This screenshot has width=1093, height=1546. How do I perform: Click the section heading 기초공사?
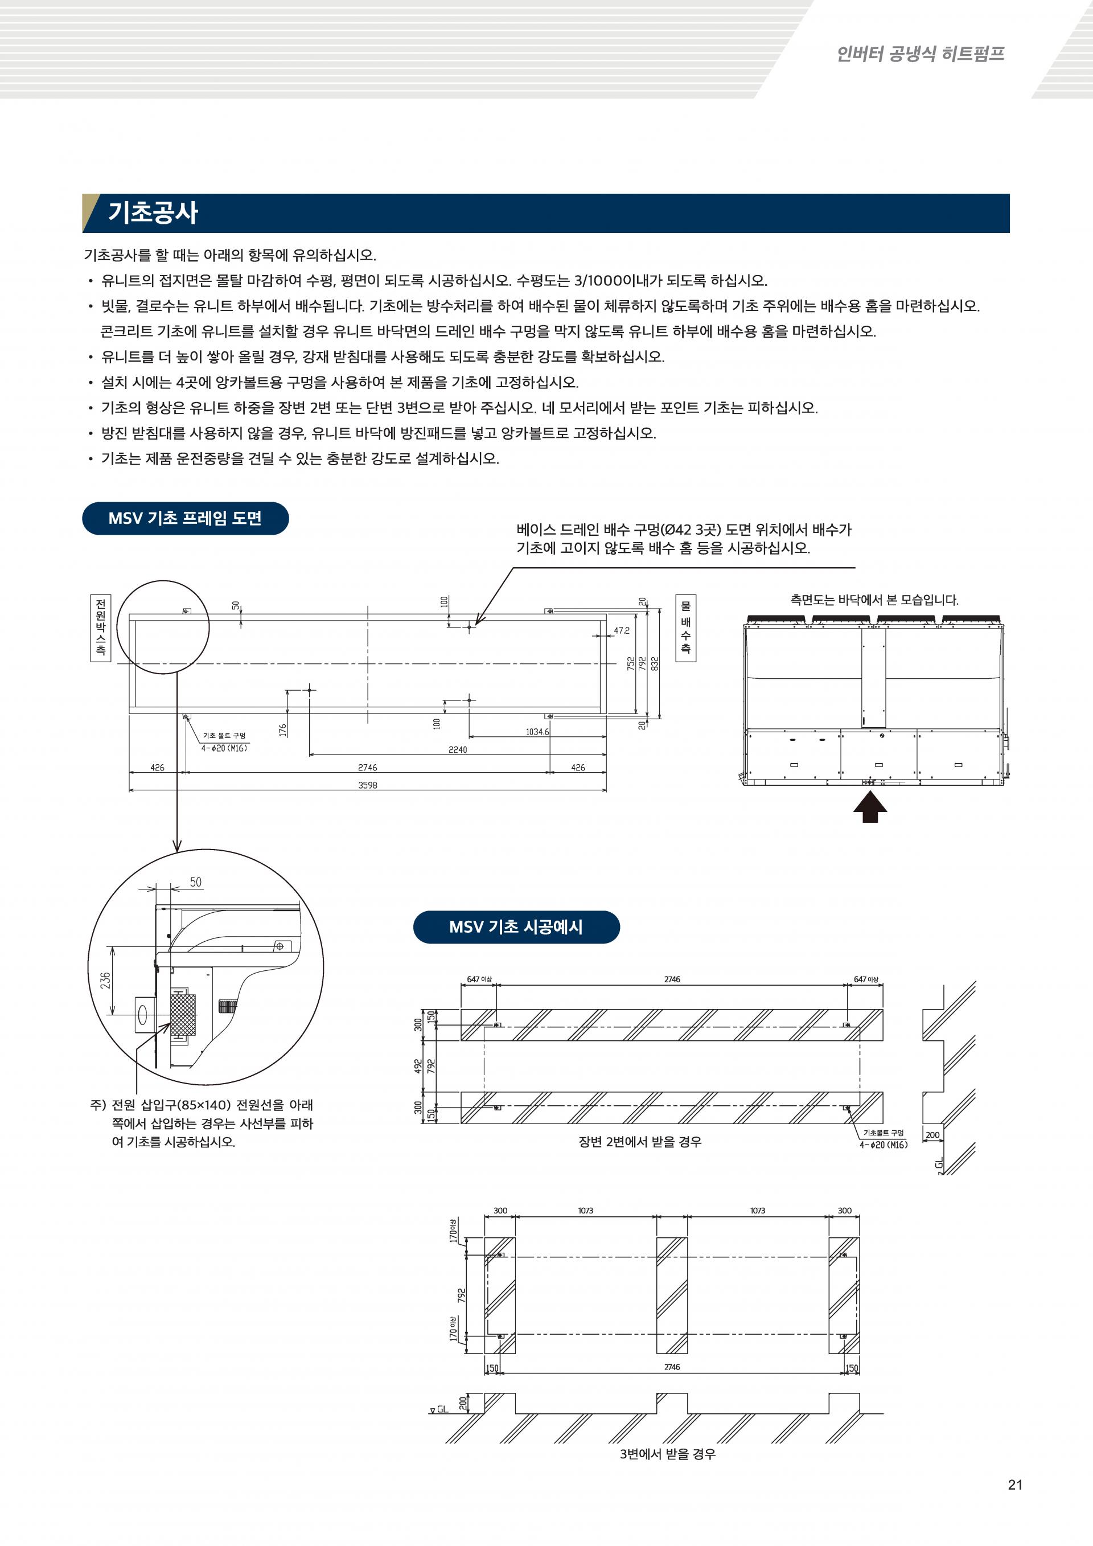pyautogui.click(x=153, y=213)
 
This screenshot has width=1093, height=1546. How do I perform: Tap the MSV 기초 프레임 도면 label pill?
pyautogui.click(x=185, y=519)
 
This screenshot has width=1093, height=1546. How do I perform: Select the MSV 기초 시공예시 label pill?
pyautogui.click(x=516, y=927)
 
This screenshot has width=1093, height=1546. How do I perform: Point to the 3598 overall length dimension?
pyautogui.click(x=368, y=785)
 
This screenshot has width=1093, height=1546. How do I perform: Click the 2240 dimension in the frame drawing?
pyautogui.click(x=458, y=749)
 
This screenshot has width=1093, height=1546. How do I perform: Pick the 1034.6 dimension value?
pyautogui.click(x=537, y=732)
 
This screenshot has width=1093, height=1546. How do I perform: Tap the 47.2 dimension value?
pyautogui.click(x=621, y=631)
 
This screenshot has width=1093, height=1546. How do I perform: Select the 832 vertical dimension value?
pyautogui.click(x=655, y=663)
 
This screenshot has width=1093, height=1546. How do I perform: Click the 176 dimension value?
pyautogui.click(x=283, y=729)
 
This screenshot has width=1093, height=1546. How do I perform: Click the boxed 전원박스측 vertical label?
pyautogui.click(x=100, y=628)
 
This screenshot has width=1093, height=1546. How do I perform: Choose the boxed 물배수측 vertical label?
pyautogui.click(x=685, y=628)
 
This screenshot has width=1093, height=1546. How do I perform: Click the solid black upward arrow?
pyautogui.click(x=870, y=807)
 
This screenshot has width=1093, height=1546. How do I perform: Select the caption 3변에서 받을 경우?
pyautogui.click(x=667, y=1454)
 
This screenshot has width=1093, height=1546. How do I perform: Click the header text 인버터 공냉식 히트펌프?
pyautogui.click(x=920, y=54)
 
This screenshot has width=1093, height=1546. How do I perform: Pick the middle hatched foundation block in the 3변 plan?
pyautogui.click(x=672, y=1295)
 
